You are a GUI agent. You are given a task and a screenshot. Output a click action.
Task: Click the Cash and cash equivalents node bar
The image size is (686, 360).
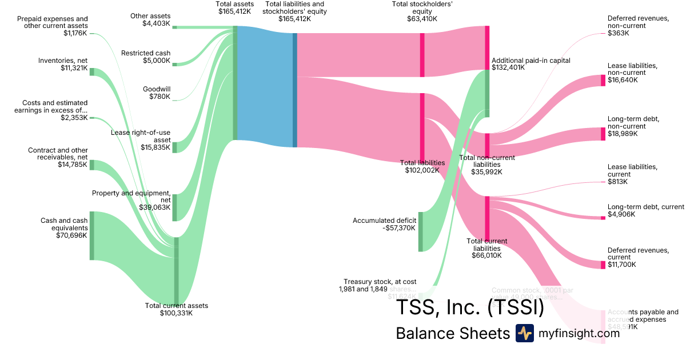point(91,235)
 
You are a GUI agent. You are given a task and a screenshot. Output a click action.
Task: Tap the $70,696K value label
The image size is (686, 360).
point(70,235)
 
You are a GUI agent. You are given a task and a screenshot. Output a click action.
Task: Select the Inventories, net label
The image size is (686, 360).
point(63,61)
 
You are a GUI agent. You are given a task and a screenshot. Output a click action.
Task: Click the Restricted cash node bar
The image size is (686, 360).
point(175,64)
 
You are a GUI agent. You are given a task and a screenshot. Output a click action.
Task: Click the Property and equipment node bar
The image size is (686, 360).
point(175,207)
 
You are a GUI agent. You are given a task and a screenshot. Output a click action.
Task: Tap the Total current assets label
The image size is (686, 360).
point(177,306)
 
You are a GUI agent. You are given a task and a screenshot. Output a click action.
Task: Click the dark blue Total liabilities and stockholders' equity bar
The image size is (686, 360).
point(295,90)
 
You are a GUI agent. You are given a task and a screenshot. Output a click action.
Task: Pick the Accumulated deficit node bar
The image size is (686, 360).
point(421,231)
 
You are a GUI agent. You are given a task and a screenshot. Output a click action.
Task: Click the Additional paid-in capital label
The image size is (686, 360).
point(531,61)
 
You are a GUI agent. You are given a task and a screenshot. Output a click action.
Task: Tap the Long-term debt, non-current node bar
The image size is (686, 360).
point(603,134)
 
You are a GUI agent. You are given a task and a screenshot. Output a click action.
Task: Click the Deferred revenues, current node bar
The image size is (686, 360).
point(603,265)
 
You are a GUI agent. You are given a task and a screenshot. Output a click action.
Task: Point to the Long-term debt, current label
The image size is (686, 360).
point(645,207)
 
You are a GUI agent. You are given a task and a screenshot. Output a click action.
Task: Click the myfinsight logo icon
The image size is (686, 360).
point(524,333)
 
